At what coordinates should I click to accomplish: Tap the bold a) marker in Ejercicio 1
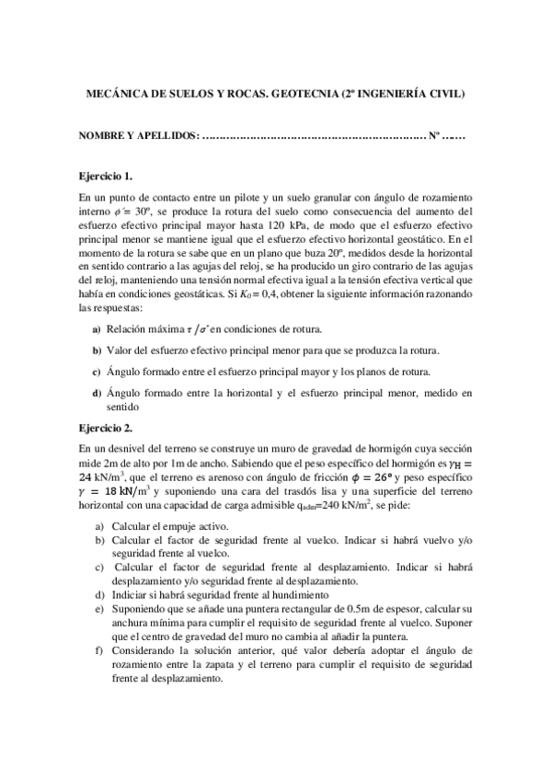tap(97, 328)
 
